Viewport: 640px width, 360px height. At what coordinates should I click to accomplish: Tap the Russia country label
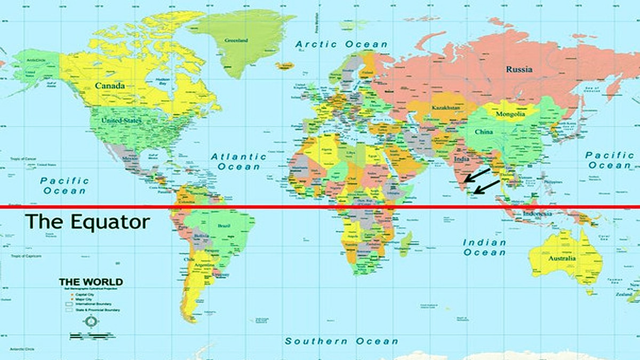point(519,69)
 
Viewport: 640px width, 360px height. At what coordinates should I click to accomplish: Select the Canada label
point(110,85)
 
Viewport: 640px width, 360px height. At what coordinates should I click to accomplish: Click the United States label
point(122,121)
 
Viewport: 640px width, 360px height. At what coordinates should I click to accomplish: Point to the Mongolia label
point(510,114)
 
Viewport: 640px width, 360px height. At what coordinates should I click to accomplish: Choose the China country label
point(484,132)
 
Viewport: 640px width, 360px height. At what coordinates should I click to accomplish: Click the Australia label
point(562,259)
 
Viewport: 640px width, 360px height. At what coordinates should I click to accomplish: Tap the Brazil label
point(224,226)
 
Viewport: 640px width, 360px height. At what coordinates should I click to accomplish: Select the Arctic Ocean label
point(342,44)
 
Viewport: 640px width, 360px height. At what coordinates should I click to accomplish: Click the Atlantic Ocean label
point(238,162)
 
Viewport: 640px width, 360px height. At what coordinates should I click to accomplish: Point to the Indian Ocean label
point(484,247)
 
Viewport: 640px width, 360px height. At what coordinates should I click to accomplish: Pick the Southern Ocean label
point(341,341)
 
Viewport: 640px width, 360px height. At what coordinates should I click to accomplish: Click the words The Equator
point(88,221)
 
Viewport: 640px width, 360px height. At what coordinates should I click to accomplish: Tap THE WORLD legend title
point(91,282)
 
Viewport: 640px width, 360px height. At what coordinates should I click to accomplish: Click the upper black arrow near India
point(477,175)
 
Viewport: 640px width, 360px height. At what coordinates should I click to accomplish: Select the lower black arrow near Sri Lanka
point(486,187)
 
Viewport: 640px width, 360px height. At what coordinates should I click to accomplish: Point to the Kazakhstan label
point(445,108)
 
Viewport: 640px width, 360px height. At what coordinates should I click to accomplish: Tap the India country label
point(461,159)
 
